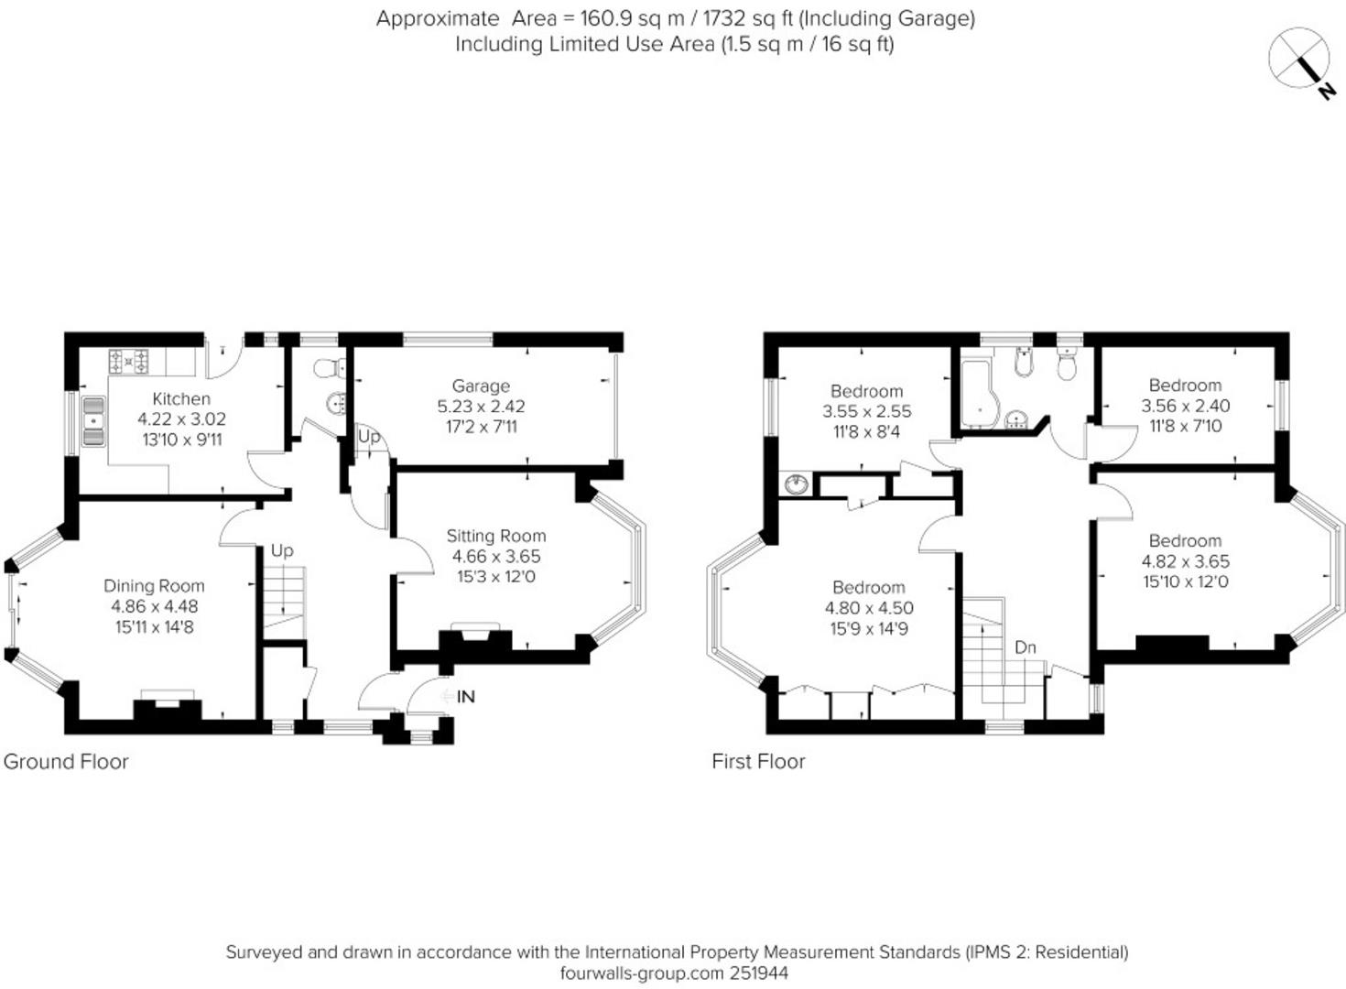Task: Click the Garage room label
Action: [481, 386]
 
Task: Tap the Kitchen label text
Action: [181, 399]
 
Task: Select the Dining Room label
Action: [154, 586]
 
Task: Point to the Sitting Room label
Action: [496, 536]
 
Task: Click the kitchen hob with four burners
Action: [128, 362]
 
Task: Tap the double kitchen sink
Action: [93, 421]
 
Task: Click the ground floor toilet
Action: [330, 368]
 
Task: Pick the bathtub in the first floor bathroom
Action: [977, 394]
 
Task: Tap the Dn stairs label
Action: [1026, 647]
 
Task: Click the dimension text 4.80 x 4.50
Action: [869, 608]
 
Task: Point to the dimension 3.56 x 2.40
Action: [1186, 407]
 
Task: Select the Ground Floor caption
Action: [66, 762]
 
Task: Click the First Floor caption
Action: [758, 762]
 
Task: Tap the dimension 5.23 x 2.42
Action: [482, 407]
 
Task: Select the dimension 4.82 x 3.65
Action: [1186, 561]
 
